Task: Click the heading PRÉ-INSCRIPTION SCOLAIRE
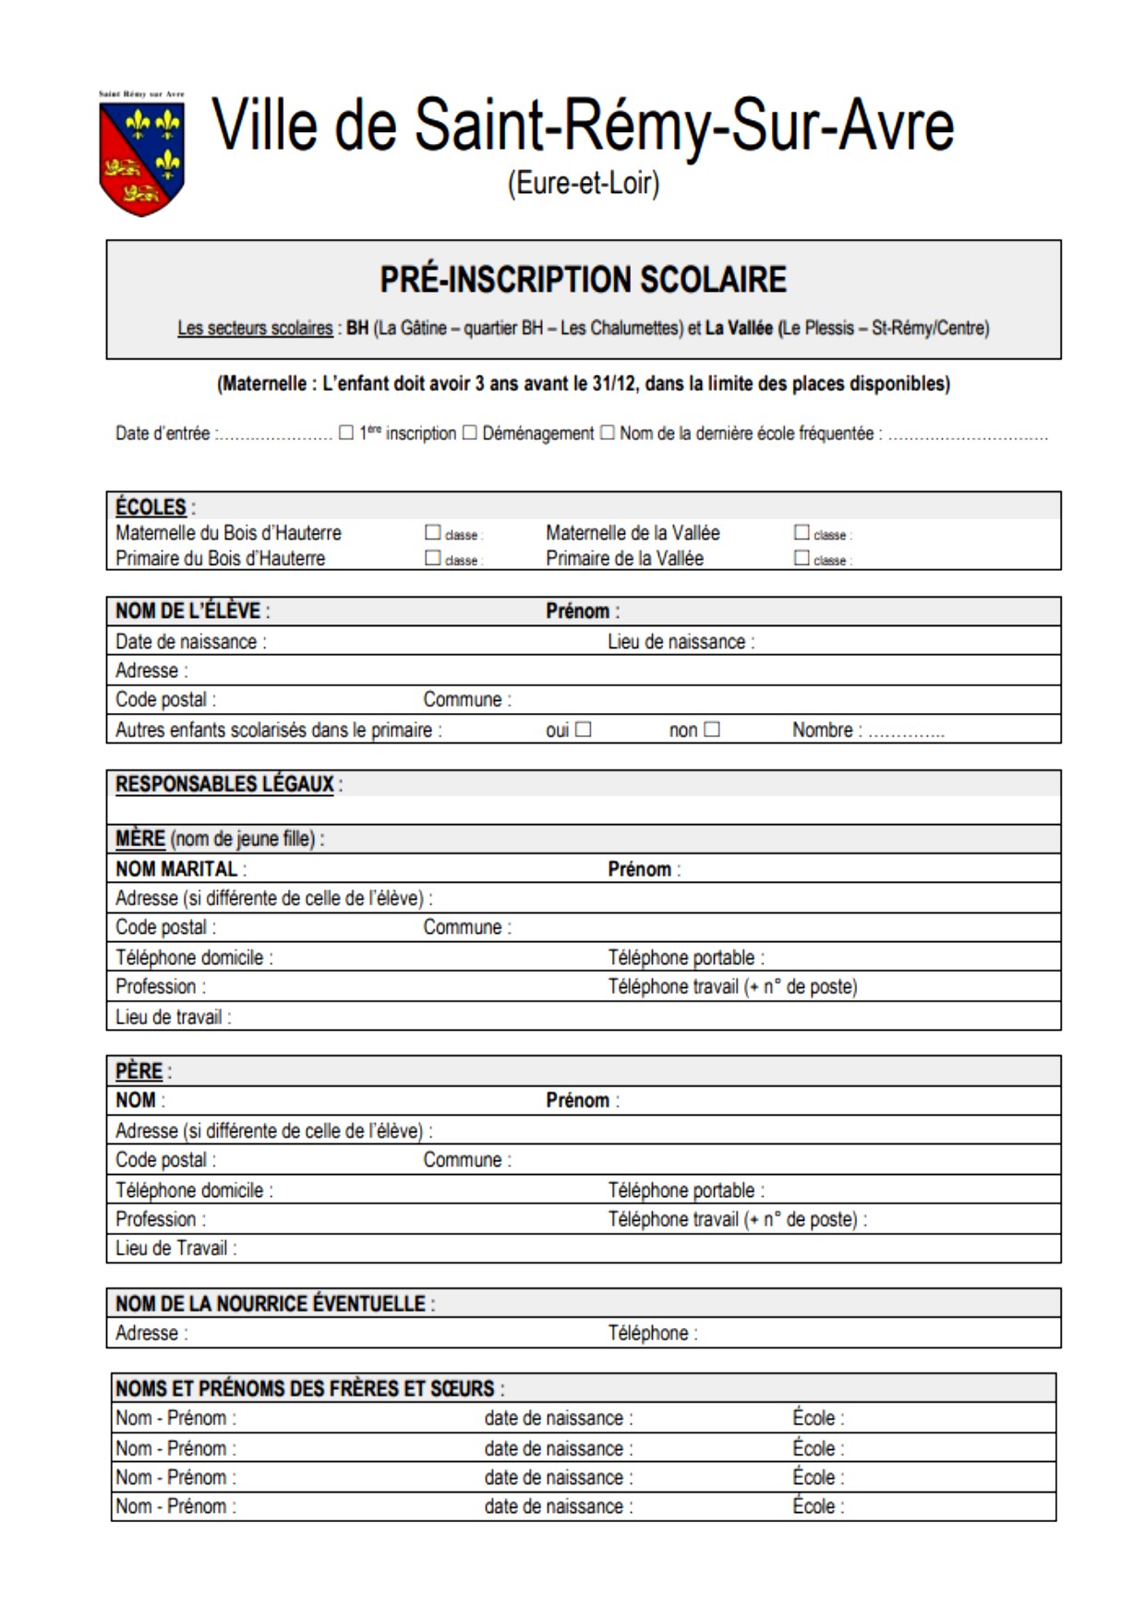pos(583,280)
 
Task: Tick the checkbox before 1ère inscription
pos(346,432)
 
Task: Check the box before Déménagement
pos(469,432)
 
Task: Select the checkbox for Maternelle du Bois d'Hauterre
pos(432,533)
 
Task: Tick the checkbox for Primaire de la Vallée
pos(801,558)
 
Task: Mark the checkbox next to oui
pos(583,730)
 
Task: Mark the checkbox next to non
pos(711,730)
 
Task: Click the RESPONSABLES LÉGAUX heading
pos(224,784)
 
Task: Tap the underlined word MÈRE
pos(139,839)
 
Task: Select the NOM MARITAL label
pos(176,869)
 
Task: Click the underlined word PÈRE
pos(139,1071)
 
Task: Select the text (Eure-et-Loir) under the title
pos(583,184)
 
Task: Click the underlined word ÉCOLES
pos(151,507)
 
